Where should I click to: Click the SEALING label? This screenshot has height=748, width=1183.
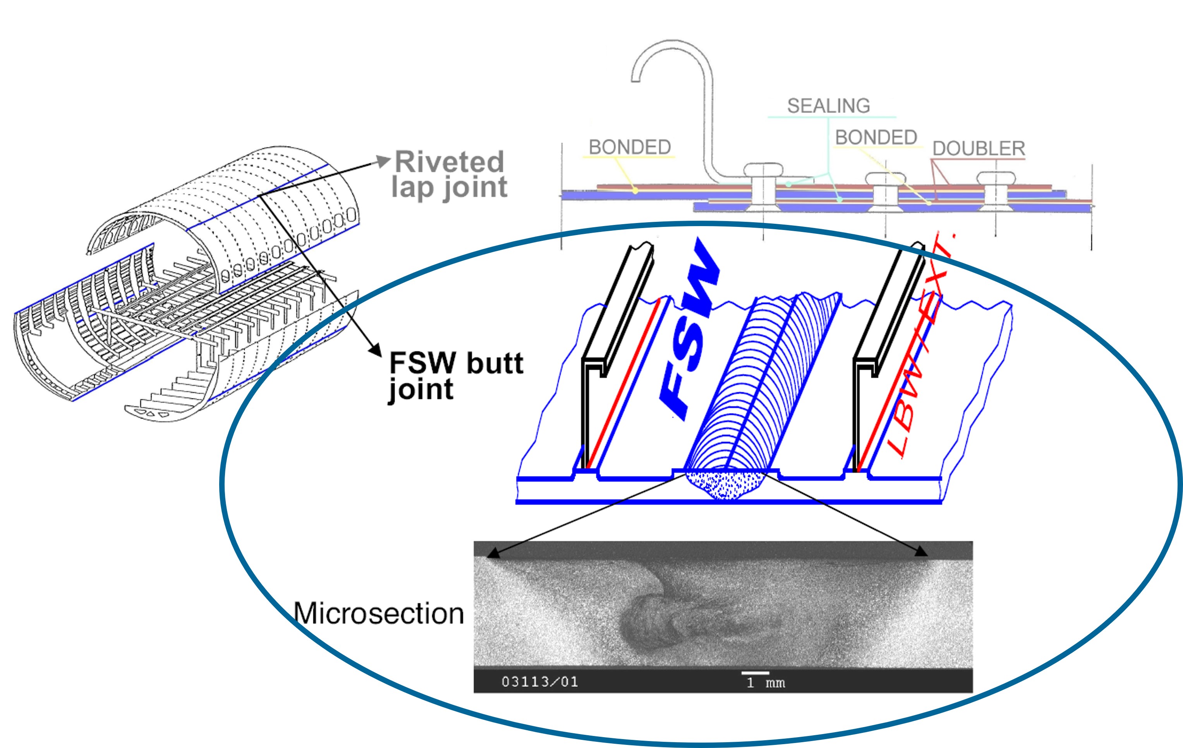(828, 106)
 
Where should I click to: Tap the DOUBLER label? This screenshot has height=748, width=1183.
(979, 148)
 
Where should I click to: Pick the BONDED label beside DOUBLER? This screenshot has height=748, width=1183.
(876, 137)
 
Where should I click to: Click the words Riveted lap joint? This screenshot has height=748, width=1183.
(449, 175)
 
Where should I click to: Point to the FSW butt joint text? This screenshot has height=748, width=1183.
(455, 376)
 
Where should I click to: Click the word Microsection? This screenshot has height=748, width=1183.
(379, 613)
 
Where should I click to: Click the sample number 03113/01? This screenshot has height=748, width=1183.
(539, 682)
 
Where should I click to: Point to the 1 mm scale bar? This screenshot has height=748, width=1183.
(755, 673)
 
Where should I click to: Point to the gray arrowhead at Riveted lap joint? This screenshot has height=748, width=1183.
(383, 161)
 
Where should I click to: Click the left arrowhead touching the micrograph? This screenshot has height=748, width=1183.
(493, 554)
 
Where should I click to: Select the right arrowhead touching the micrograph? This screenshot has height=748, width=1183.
(921, 552)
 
